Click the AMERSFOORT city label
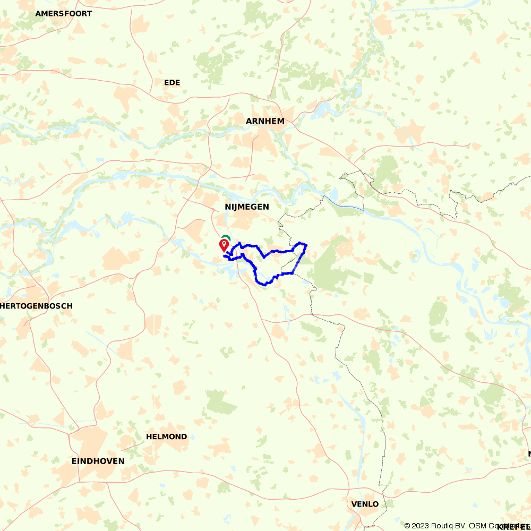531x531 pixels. coord(64,14)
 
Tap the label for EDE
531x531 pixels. coord(172,83)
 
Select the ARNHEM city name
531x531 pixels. coord(265,121)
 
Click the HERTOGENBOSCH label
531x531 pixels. coord(37,306)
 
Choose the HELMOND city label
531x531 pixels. coord(167,436)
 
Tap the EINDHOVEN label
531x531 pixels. coord(98,461)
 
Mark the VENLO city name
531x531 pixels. coord(365,504)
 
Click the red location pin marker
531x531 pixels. coord(224,245)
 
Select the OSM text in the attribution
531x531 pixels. coord(478,526)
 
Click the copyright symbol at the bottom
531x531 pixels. coord(407,526)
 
